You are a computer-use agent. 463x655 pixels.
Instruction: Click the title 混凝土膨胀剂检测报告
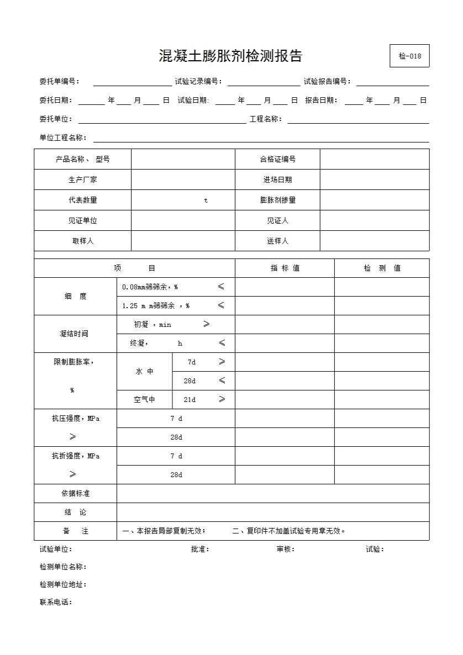pos(230,56)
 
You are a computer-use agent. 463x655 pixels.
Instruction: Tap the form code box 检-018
pos(409,56)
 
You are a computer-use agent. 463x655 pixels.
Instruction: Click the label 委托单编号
pos(59,82)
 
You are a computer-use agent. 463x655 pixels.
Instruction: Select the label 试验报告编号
pos(327,82)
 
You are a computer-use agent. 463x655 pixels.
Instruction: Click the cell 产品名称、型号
pos(83,159)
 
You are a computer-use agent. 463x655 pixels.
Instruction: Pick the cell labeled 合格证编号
pos(277,159)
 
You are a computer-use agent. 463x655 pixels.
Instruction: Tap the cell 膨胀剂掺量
pos(277,200)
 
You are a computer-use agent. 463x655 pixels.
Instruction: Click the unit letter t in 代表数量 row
pos(206,200)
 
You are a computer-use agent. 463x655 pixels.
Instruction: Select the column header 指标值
pos(285,268)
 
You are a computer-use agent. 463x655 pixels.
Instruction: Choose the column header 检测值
pos(382,268)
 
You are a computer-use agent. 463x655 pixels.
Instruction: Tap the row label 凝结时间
pos(74,334)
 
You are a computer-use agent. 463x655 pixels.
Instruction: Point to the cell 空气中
pos(144,400)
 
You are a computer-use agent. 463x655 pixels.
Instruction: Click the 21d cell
pos(190,400)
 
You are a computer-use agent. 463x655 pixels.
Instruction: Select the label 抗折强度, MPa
pos(76,456)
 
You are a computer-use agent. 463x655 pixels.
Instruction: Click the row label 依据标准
pos(75,493)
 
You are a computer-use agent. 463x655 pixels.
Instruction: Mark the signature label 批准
pos(199,549)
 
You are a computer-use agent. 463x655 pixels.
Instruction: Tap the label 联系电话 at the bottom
pos(55,602)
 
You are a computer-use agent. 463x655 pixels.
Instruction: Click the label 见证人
pos(277,220)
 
